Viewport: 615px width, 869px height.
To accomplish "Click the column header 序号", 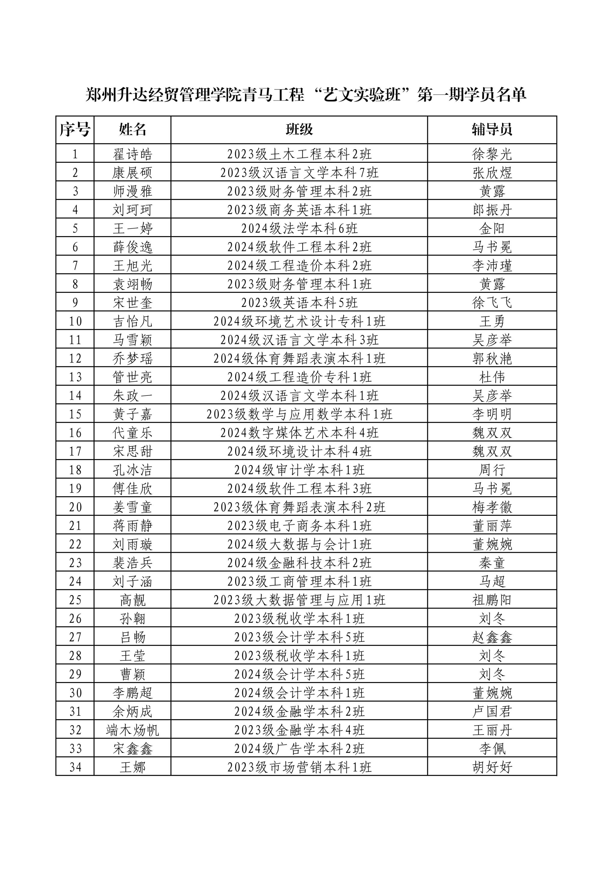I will (75, 129).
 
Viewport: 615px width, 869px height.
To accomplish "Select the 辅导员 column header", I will (492, 129).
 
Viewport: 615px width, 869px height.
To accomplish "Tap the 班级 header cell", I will (299, 129).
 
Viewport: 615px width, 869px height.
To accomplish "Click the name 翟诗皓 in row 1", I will (132, 154).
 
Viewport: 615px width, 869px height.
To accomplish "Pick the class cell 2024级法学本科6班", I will (299, 228).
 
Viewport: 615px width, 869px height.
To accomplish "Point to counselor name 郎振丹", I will (492, 210).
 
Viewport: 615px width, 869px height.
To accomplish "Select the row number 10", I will (75, 321).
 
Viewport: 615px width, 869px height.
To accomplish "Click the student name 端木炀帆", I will (132, 730).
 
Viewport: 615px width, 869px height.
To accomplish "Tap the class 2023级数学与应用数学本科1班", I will (299, 414).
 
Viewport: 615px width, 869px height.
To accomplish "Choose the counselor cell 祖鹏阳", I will (492, 600).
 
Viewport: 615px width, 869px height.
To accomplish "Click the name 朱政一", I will (132, 395).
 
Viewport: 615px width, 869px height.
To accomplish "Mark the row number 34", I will (75, 767).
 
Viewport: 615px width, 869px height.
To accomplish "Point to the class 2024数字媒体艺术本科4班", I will (299, 433).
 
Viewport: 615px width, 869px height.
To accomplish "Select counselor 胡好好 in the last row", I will (492, 767).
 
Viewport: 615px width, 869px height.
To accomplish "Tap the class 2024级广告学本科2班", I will (299, 749).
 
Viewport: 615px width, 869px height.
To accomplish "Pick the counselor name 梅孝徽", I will (492, 507).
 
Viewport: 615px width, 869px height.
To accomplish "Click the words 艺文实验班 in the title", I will (363, 95).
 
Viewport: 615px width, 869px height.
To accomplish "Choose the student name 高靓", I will (132, 600).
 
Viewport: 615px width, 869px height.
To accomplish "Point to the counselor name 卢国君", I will (492, 711).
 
